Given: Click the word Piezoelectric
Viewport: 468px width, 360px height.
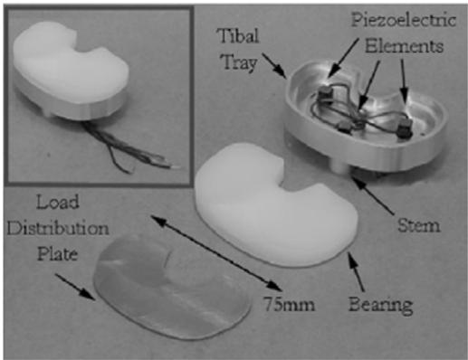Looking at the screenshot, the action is click(404, 21).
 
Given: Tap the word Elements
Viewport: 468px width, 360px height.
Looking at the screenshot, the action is click(404, 46).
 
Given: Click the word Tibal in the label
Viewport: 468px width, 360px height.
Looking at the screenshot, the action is click(238, 36).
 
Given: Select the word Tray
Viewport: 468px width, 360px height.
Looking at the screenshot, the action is click(240, 62).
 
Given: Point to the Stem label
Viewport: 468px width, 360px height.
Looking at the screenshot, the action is click(418, 225).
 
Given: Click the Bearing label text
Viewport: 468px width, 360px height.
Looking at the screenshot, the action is click(381, 305).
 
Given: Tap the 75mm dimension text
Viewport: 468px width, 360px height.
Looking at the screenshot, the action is click(290, 304).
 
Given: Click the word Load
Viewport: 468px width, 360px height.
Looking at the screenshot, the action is click(58, 202).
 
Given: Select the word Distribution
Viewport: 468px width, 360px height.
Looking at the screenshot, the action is click(58, 228).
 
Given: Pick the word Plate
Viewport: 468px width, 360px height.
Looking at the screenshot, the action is click(58, 254).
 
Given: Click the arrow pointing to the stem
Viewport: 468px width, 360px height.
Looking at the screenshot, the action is click(373, 195).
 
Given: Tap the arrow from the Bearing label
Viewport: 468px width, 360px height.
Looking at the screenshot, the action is click(356, 271).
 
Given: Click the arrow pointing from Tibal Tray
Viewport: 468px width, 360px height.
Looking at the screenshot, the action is click(274, 65).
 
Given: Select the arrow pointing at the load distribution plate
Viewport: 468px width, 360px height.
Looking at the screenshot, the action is click(75, 287).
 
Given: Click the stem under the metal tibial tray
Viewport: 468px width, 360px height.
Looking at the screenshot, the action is click(340, 166).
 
